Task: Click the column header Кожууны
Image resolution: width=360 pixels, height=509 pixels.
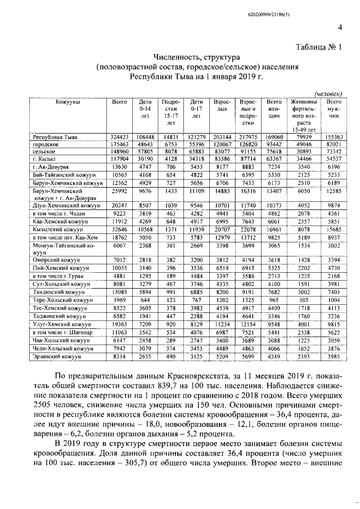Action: point(68,101)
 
